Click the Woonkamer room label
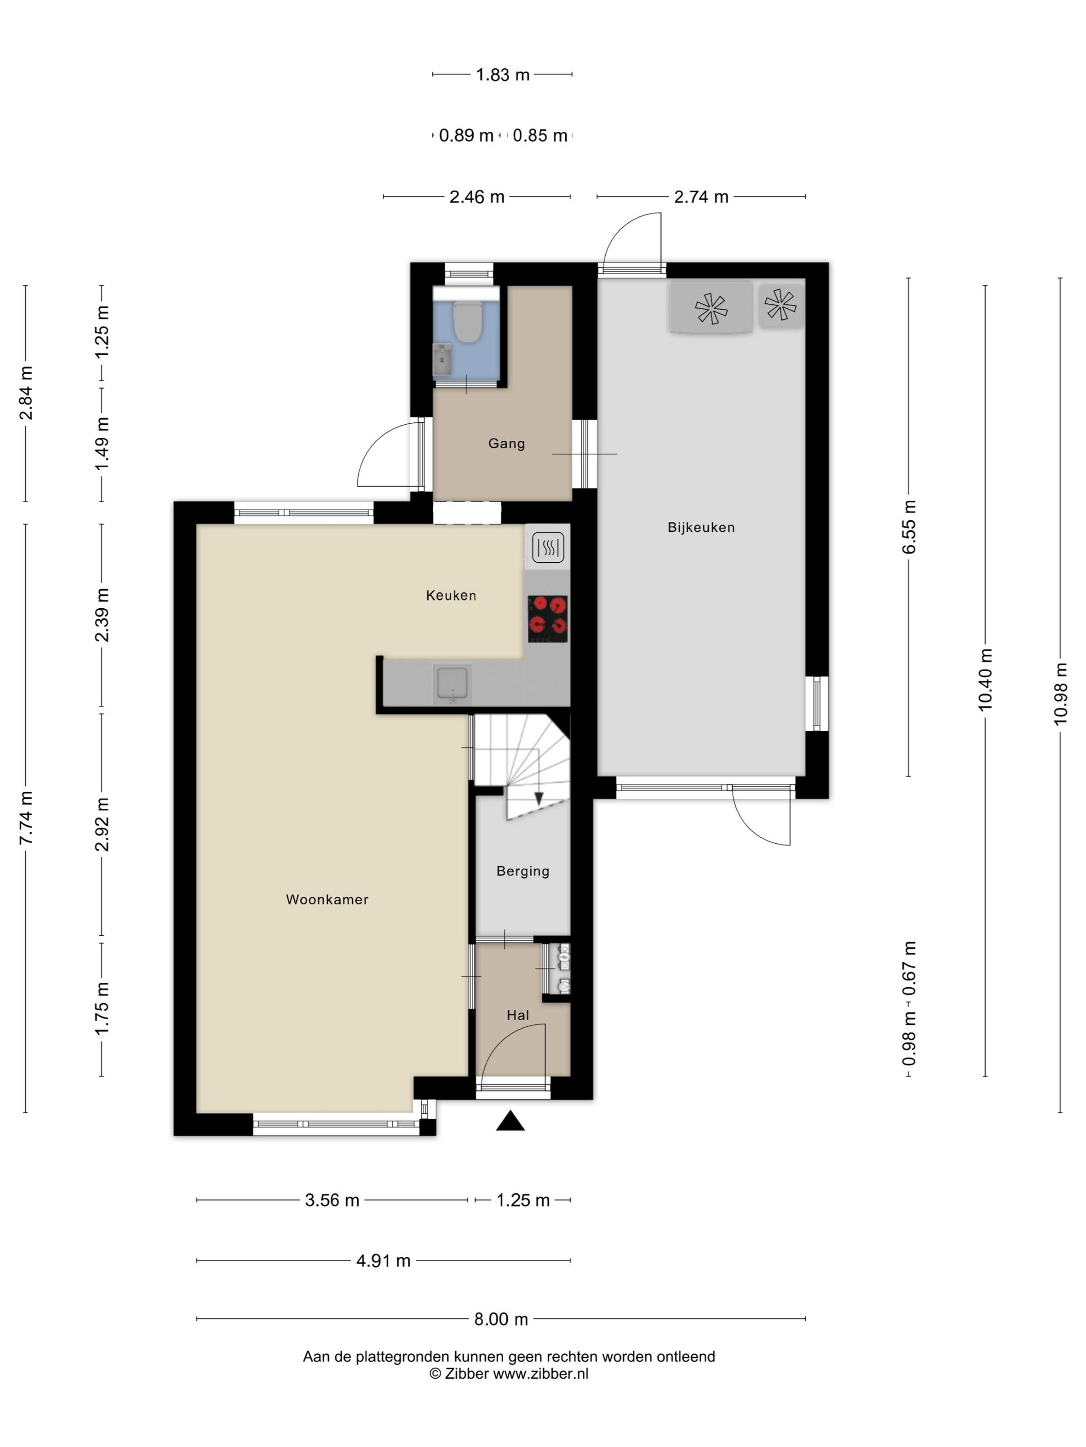tap(327, 900)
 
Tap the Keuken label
tap(451, 595)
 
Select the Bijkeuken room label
tap(701, 527)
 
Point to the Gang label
tap(507, 443)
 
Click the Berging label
tap(523, 871)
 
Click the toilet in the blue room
tap(468, 322)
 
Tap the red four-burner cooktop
tap(548, 618)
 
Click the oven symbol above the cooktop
tap(548, 547)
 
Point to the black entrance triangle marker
tap(510, 1121)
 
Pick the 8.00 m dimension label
tap(501, 1319)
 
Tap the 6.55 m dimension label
tap(909, 527)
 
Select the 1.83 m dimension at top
tap(502, 74)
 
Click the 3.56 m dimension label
tap(332, 1200)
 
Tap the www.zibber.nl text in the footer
tap(541, 1374)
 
